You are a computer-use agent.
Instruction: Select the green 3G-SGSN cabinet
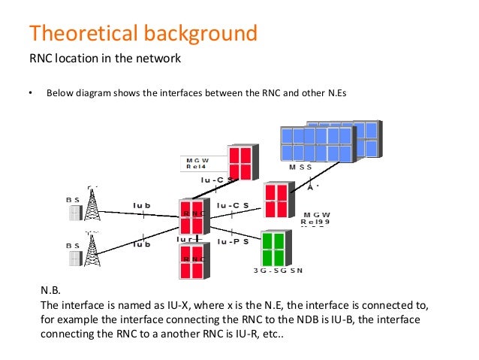pyautogui.click(x=273, y=246)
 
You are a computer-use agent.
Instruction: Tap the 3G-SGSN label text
pyautogui.click(x=278, y=270)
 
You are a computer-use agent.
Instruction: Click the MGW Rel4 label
pyautogui.click(x=197, y=163)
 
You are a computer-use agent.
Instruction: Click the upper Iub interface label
pyautogui.click(x=142, y=204)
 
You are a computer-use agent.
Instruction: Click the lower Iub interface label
pyautogui.click(x=142, y=244)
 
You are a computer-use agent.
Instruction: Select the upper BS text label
pyautogui.click(x=73, y=199)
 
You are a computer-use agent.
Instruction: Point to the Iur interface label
pyautogui.click(x=188, y=240)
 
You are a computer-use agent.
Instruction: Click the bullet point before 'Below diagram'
pyautogui.click(x=31, y=94)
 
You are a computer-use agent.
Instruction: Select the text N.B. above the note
pyautogui.click(x=49, y=290)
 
